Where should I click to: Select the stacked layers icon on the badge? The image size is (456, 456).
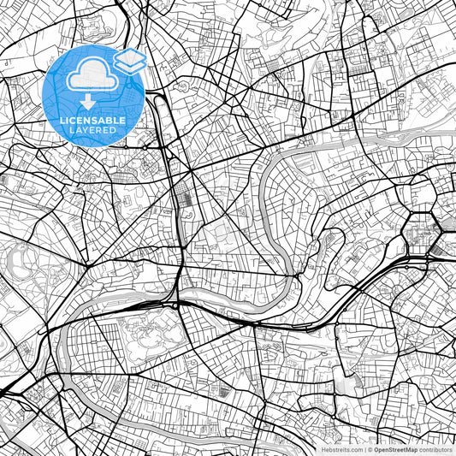[130, 61]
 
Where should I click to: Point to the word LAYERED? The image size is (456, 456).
[94, 130]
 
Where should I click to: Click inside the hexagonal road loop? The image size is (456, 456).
[421, 230]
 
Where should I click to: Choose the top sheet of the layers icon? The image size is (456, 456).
[130, 56]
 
